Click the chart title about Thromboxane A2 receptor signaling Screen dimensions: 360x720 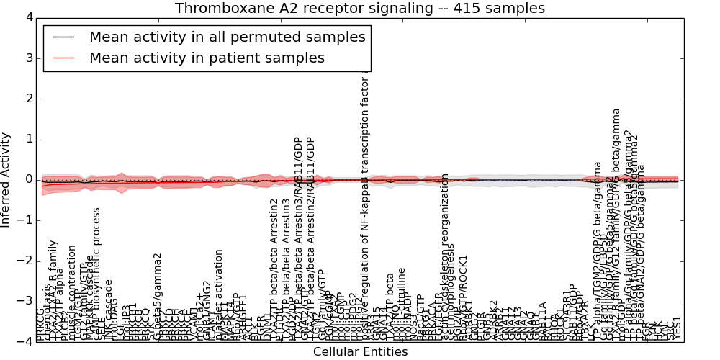point(360,8)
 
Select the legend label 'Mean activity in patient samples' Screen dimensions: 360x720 point(207,58)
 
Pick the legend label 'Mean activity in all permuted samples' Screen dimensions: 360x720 point(227,37)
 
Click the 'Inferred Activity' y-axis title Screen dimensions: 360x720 point(6,179)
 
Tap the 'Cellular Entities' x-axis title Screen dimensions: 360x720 point(360,352)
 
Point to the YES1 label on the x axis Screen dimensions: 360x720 point(677,328)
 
